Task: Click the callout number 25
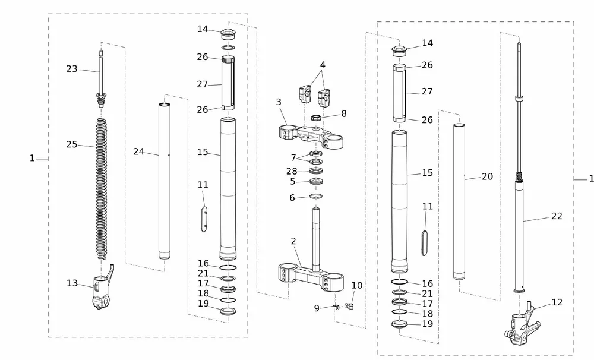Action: [72, 144]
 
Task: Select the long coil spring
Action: [102, 189]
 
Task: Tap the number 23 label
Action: [72, 68]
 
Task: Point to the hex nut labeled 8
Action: [317, 118]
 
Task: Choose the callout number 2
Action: [293, 241]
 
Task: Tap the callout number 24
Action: [138, 151]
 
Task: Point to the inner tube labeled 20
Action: [459, 201]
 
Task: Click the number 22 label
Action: [557, 216]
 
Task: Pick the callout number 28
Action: [292, 171]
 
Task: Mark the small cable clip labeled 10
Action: [349, 305]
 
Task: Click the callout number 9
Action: [317, 308]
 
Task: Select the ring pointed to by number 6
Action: [316, 196]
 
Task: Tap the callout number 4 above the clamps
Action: [323, 65]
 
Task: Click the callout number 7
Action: [293, 157]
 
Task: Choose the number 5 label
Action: [292, 182]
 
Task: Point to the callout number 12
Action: [557, 302]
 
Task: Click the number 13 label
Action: [72, 283]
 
